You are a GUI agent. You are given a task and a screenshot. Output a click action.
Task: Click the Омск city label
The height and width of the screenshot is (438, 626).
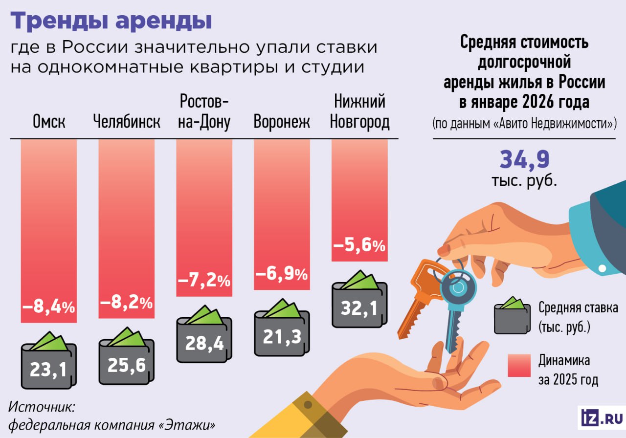[49, 122]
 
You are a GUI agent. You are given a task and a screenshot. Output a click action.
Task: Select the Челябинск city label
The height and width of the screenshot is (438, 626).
[127, 122]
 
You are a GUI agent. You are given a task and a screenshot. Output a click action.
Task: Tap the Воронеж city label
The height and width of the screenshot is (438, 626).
[282, 122]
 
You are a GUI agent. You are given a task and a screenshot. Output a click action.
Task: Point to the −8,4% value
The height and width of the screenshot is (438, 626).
[49, 307]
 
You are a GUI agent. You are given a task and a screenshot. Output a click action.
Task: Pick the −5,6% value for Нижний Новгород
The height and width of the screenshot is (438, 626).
[359, 246]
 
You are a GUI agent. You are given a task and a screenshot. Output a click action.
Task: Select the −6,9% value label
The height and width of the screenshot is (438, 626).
[282, 274]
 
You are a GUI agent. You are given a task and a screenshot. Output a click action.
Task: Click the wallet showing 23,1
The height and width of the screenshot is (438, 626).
[48, 364]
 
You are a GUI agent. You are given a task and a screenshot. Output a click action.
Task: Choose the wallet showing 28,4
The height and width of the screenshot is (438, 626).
[204, 338]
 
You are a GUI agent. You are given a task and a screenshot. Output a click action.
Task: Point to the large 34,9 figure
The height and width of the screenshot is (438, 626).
[524, 160]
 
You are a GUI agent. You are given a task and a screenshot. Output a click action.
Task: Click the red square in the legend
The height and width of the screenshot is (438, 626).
[519, 366]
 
